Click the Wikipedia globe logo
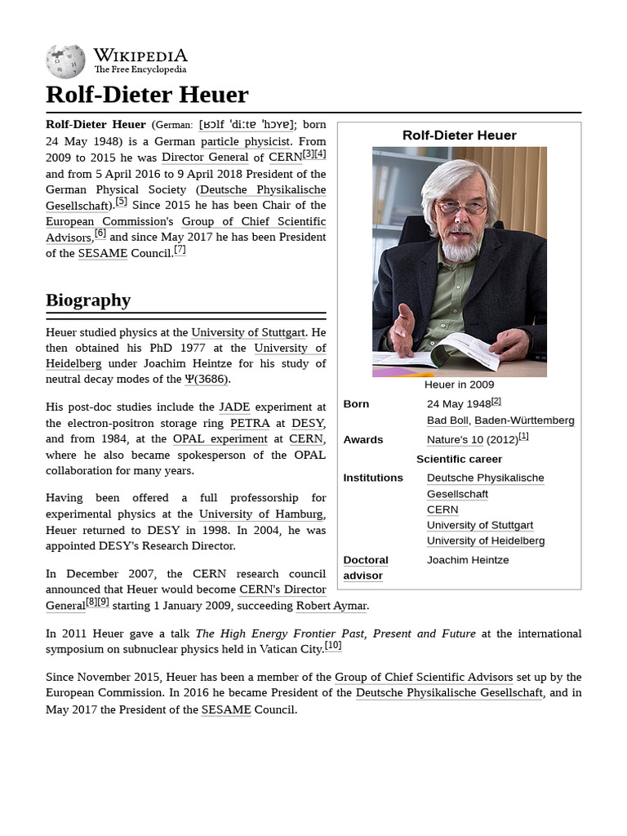point(65,61)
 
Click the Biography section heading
point(88,300)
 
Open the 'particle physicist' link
point(245,141)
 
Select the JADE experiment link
point(234,407)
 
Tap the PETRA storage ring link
point(249,423)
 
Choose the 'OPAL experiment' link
point(221,438)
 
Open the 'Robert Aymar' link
point(331,605)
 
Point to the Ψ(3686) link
point(207,379)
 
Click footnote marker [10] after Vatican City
point(333,645)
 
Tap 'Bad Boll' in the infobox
point(447,420)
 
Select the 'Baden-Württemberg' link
point(524,420)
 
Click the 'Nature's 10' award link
point(455,440)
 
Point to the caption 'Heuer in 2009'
point(459,385)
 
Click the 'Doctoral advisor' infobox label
point(365,567)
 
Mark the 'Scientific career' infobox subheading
point(459,459)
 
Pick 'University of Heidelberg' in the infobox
point(485,540)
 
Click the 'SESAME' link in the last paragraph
point(226,709)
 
